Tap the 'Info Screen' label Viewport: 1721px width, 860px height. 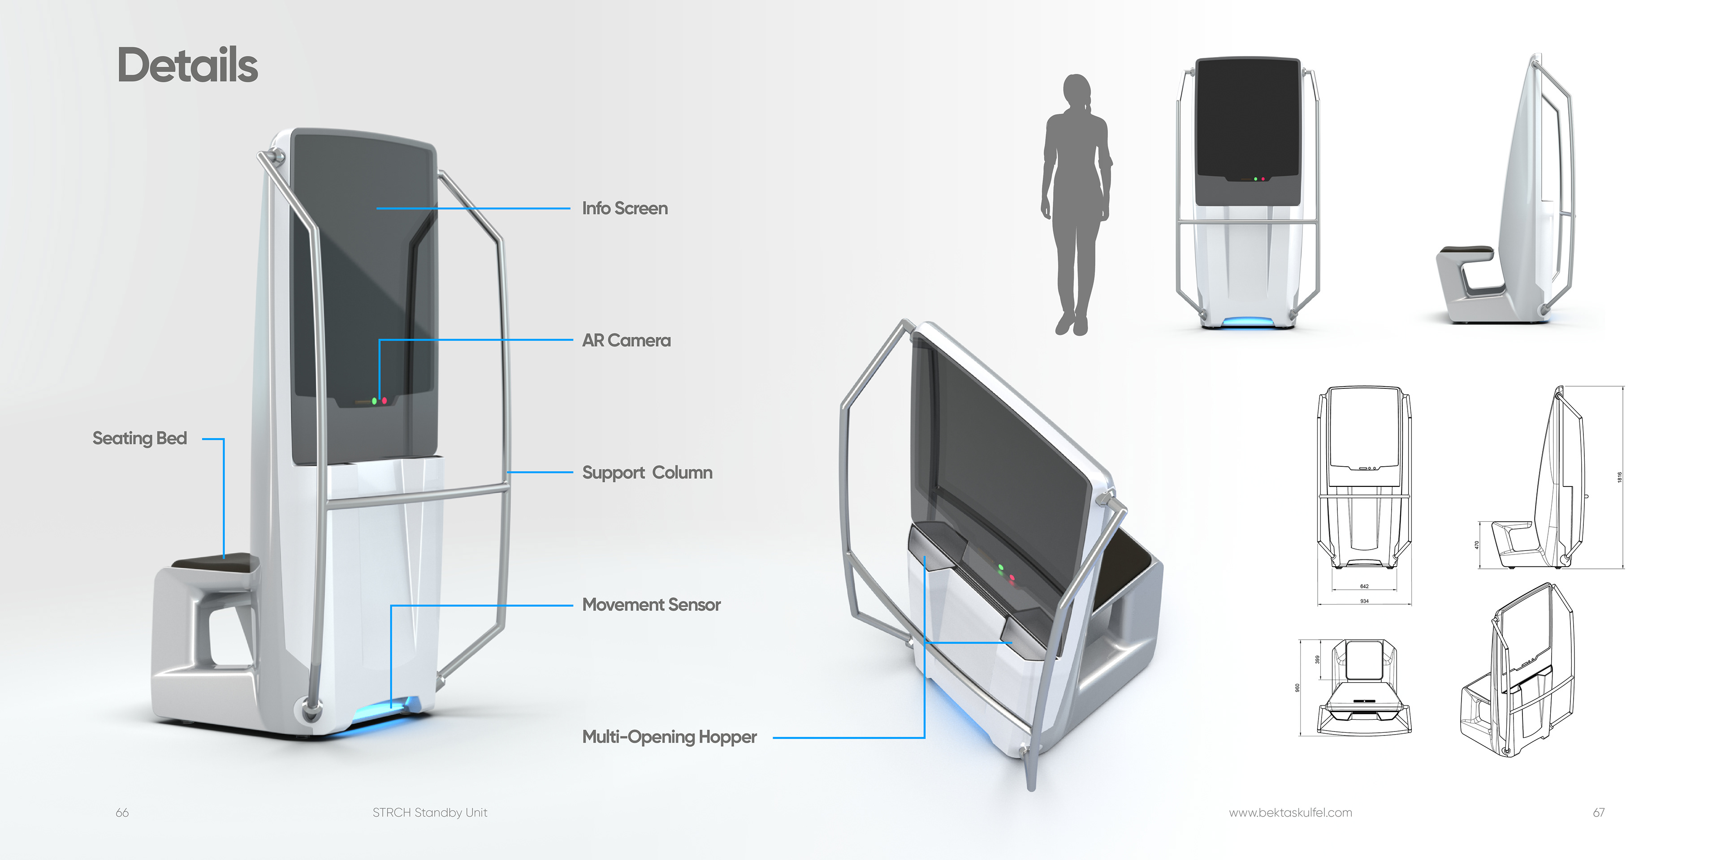[625, 208]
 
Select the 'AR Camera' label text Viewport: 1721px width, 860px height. [626, 340]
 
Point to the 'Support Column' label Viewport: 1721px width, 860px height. [647, 473]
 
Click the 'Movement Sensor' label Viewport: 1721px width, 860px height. [651, 605]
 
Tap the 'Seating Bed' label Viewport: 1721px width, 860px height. [140, 439]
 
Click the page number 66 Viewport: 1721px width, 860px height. [122, 813]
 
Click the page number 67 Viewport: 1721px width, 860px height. [1599, 813]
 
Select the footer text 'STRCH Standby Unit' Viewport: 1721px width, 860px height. [430, 813]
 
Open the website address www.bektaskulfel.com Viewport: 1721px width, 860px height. [1290, 813]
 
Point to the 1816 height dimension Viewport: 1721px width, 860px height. [1619, 477]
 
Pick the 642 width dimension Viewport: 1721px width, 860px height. [1364, 586]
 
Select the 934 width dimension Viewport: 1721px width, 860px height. [1364, 601]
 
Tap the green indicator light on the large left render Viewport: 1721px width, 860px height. [374, 401]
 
